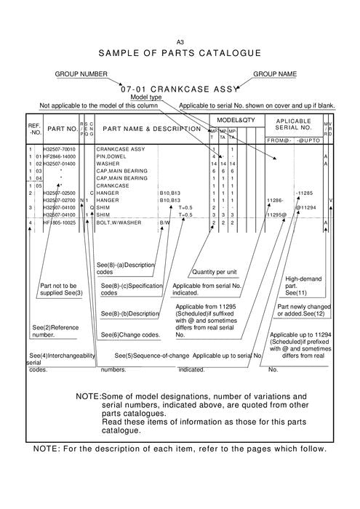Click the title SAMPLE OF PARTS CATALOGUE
click(180, 54)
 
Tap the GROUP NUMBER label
click(81, 74)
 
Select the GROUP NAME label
click(276, 74)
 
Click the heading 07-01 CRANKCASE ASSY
click(180, 88)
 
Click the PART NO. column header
click(63, 129)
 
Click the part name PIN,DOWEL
click(111, 156)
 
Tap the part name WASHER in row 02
click(108, 164)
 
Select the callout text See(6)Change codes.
click(130, 334)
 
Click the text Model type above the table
click(145, 97)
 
